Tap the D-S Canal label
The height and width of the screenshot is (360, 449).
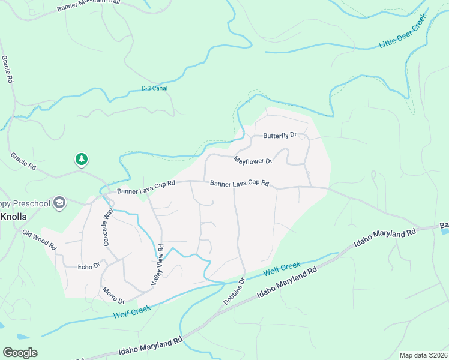(x=154, y=88)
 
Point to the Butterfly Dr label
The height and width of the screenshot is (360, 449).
(x=280, y=135)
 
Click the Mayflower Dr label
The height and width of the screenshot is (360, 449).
(x=253, y=161)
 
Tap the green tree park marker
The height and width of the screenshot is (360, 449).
(x=82, y=159)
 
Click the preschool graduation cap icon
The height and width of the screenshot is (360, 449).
(x=59, y=203)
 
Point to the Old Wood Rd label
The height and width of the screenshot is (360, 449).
(x=39, y=239)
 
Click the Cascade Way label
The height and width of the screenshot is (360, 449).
(x=108, y=227)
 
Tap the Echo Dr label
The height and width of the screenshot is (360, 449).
(x=88, y=265)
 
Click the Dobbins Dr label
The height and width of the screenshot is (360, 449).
(x=234, y=290)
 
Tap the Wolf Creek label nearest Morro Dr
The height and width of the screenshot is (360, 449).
(x=131, y=311)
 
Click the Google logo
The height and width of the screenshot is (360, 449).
(x=20, y=353)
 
